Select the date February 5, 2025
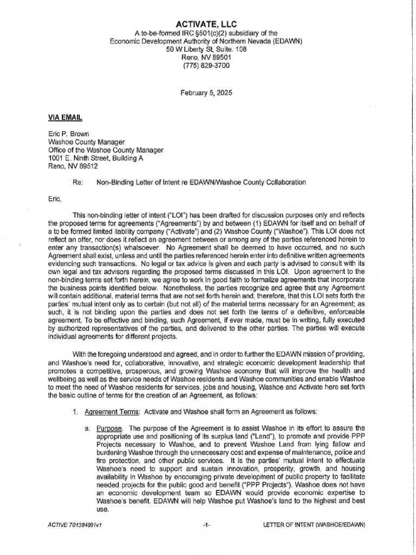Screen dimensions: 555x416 point(206,93)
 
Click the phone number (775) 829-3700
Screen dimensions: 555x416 point(206,66)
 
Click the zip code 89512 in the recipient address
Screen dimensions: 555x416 point(87,167)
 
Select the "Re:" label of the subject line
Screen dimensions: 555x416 point(77,183)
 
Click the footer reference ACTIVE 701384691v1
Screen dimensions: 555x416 point(75,525)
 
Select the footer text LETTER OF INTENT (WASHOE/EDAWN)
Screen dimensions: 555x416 point(314,525)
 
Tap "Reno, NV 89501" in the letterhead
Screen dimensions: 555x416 point(206,57)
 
